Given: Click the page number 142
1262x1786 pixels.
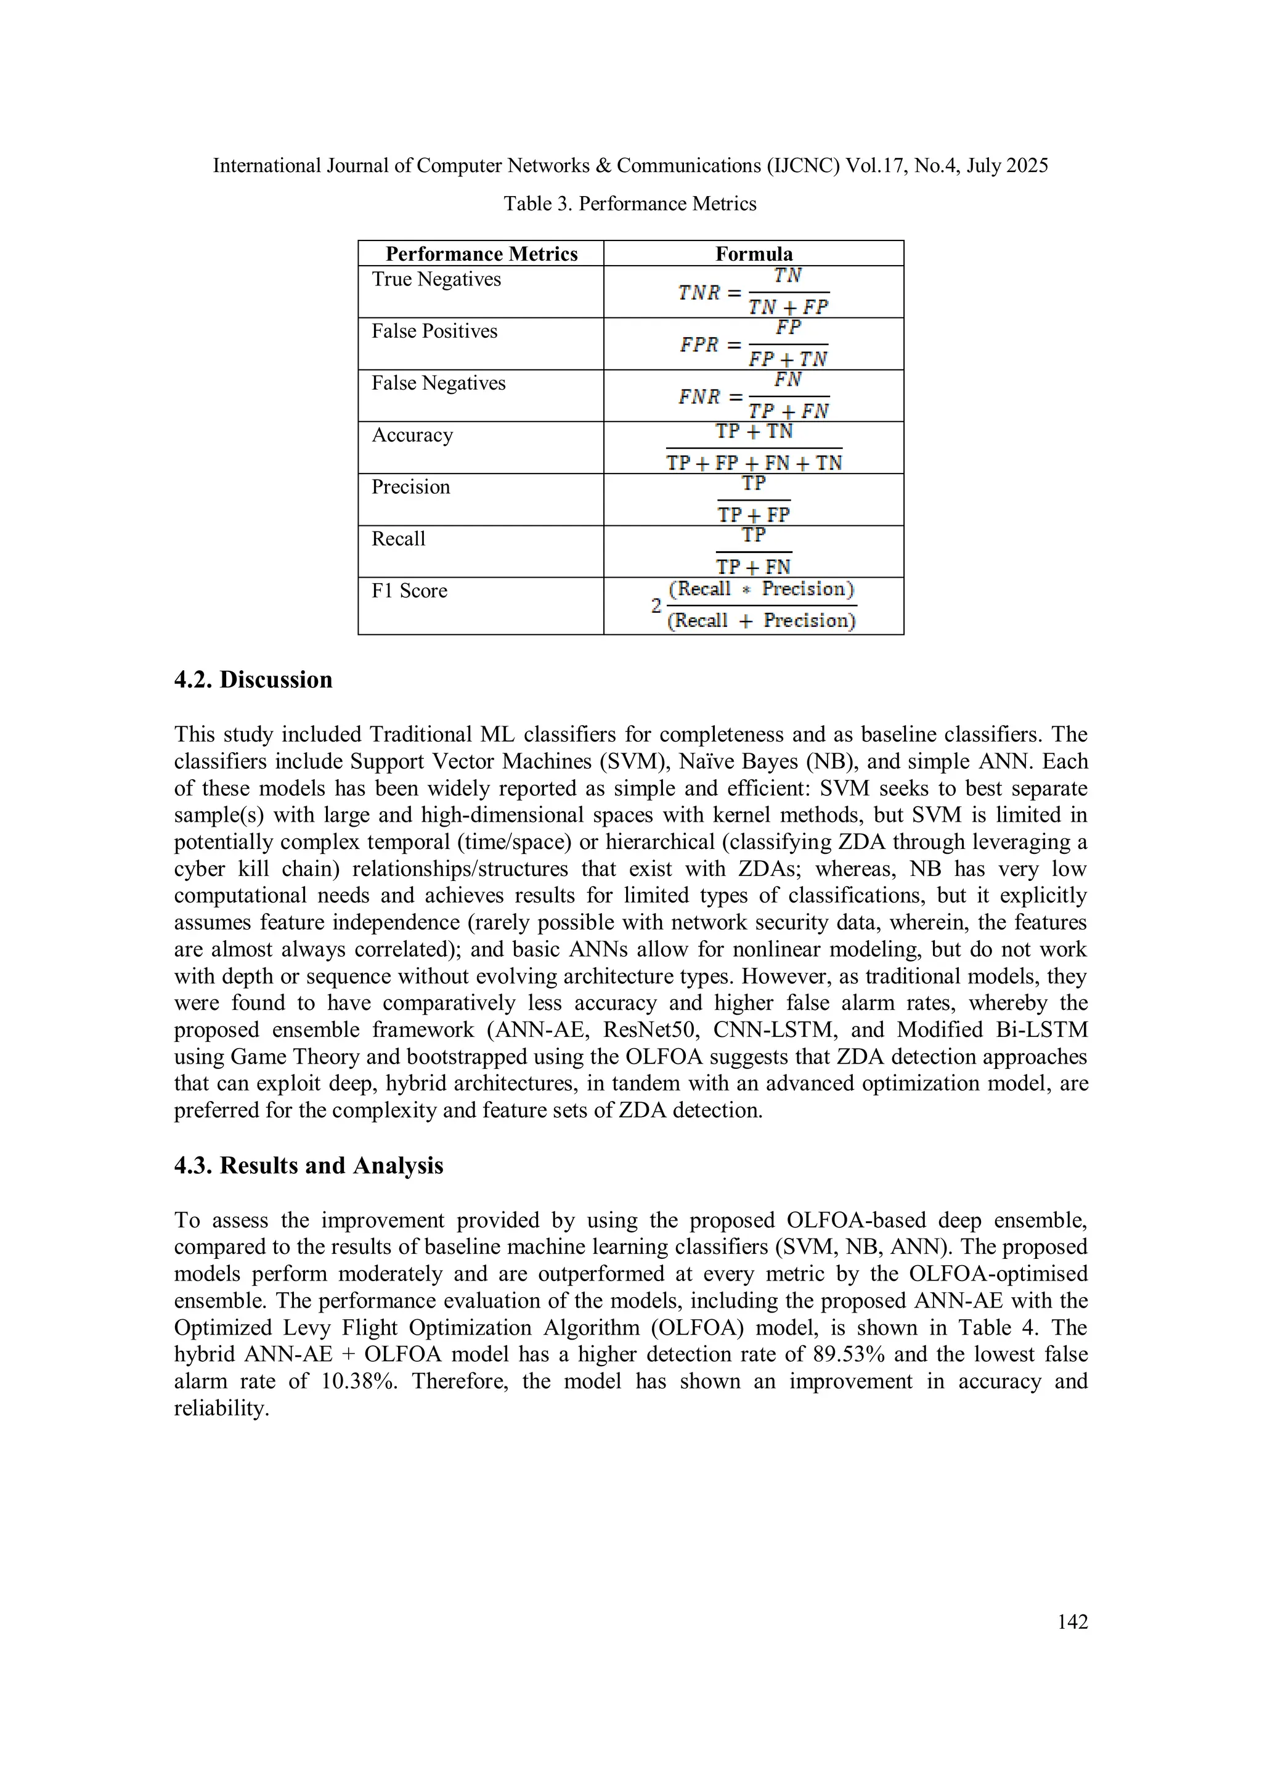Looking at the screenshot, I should tap(1072, 1621).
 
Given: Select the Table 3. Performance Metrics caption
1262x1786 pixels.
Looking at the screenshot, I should tap(630, 204).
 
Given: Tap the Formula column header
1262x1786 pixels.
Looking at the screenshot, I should tap(754, 253).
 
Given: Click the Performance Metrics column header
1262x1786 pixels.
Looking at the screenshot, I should tap(481, 253).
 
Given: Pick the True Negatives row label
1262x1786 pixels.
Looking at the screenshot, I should tap(436, 279).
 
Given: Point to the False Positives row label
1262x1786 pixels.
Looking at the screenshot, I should tap(434, 332).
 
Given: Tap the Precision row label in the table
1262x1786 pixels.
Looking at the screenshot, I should tap(410, 488).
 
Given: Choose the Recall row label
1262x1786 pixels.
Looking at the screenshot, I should tap(398, 539).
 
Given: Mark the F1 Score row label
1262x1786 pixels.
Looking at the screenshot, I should tap(409, 591).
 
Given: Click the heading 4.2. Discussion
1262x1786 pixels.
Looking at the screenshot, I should tap(253, 679).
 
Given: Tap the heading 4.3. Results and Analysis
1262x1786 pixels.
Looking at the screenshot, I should tap(308, 1165).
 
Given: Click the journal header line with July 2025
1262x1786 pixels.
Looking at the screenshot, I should tap(630, 166).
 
